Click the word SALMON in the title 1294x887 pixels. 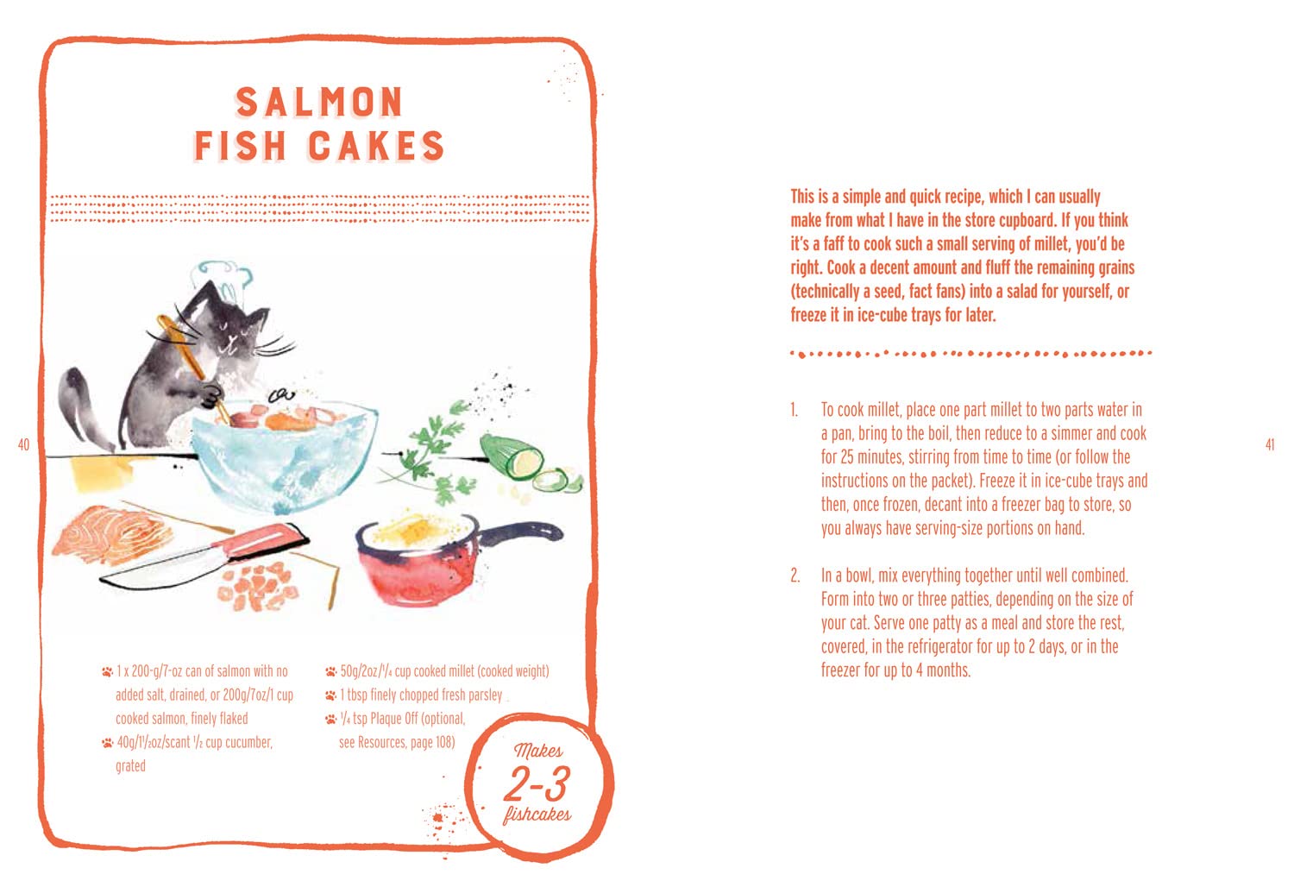[319, 103]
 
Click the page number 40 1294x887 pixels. [23, 445]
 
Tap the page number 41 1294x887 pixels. [1270, 445]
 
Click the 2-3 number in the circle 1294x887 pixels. [537, 783]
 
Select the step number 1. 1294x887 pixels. [795, 410]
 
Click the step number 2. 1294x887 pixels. [795, 576]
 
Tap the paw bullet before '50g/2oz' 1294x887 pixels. [330, 671]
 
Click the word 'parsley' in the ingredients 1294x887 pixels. [485, 695]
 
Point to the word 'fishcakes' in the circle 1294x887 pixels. [537, 815]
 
